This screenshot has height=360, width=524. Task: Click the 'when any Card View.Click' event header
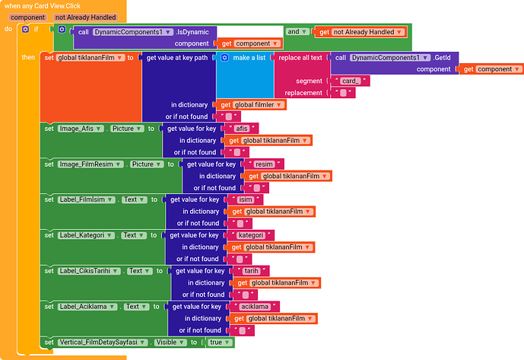tap(42, 5)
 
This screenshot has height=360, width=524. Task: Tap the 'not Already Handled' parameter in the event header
tap(85, 17)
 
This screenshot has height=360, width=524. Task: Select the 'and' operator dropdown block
tap(297, 32)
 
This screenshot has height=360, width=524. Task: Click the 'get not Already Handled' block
tap(361, 32)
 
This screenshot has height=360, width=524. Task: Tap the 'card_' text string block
tap(351, 81)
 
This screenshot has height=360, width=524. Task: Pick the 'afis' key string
tap(243, 129)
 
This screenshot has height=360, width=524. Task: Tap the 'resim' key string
tap(265, 164)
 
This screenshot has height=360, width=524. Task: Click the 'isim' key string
tap(245, 199)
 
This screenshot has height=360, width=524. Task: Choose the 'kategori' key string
tap(250, 235)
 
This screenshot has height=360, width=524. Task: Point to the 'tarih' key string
tap(251, 271)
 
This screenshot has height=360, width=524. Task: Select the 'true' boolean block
tap(217, 342)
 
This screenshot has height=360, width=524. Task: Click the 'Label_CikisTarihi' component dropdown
tap(90, 271)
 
